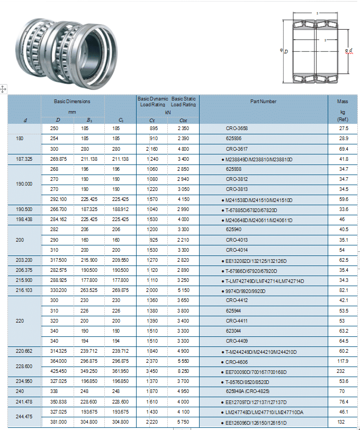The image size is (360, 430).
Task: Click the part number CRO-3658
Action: click(237, 129)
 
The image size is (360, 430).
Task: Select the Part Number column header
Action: click(263, 102)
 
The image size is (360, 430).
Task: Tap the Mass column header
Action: click(342, 102)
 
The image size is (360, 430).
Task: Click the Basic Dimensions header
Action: click(72, 101)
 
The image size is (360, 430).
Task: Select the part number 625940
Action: click(233, 230)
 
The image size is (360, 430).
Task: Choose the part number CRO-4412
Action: click(237, 300)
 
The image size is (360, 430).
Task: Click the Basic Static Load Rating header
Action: click(184, 102)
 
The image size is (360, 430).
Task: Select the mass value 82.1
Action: click(343, 290)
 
